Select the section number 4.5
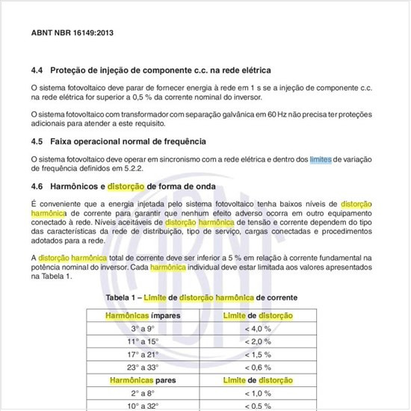[x=37, y=140]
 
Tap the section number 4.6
[x=37, y=185]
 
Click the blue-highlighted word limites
[x=321, y=158]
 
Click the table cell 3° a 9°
[x=143, y=329]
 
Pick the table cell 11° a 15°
[x=143, y=342]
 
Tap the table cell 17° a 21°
[x=143, y=354]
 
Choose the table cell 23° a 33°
[x=143, y=367]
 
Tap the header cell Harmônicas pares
[x=143, y=380]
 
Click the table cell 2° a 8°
[x=143, y=393]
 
